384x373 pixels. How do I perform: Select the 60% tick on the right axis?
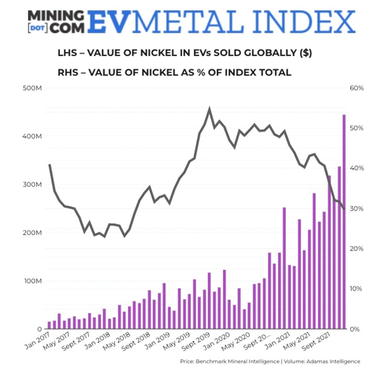(357, 88)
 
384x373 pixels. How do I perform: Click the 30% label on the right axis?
(357, 209)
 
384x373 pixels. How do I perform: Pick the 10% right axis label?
(357, 289)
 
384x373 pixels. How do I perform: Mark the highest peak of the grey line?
(209, 109)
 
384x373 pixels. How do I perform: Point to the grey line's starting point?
(50, 165)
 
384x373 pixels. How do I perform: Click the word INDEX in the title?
(304, 22)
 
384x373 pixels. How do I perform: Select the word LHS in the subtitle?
(68, 54)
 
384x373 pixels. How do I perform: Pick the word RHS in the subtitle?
(68, 72)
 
